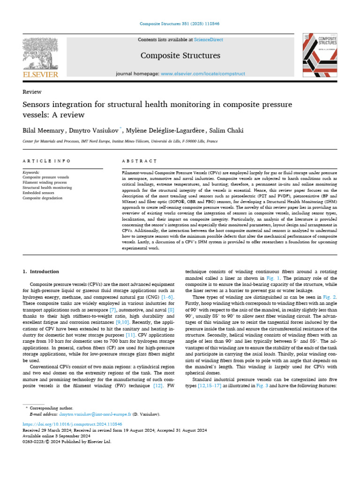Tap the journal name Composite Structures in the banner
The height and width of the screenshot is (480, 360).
[x=180, y=56]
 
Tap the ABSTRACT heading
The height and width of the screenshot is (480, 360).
[x=139, y=161]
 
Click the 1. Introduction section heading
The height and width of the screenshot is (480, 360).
[x=41, y=271]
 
